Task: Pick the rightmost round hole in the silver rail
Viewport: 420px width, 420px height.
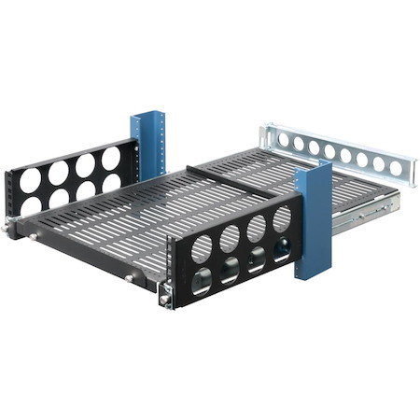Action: point(395,169)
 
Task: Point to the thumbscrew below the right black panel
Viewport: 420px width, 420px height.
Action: point(165,301)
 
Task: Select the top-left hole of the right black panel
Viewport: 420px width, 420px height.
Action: point(202,248)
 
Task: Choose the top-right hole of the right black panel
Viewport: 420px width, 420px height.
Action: point(281,219)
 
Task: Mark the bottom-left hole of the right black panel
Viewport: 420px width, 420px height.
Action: point(202,279)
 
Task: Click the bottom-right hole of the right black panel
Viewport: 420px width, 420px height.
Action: point(280,250)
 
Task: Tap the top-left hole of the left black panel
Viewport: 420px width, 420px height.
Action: point(29,179)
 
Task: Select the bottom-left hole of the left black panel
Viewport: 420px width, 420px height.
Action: point(30,205)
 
